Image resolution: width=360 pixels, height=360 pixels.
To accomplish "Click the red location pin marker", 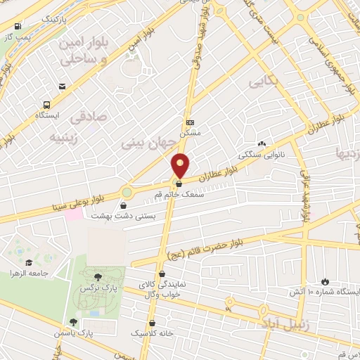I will click(x=181, y=165).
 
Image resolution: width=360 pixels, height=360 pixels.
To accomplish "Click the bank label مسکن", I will click(x=190, y=131).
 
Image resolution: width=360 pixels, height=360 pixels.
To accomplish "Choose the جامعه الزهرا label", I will click(x=35, y=274).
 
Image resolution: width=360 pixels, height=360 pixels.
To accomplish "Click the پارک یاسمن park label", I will click(x=75, y=332).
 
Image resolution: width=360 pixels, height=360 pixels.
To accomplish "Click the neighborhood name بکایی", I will click(x=264, y=83).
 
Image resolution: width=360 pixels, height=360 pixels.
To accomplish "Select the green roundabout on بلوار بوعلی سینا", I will click(x=127, y=191).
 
